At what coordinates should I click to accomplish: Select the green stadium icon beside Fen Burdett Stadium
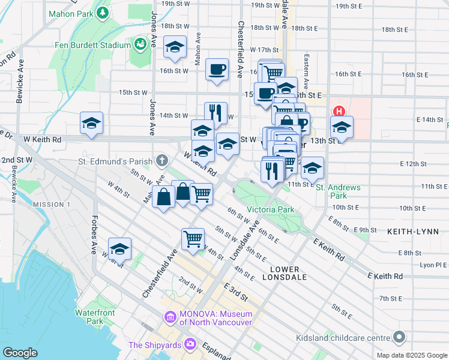coord(140,44)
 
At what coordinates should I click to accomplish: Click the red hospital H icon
coord(339,112)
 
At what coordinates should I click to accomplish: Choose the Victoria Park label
coord(270,210)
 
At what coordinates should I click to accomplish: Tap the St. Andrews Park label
coord(339,191)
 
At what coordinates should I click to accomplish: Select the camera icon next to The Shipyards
coord(190,344)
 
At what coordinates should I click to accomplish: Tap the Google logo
coord(20,353)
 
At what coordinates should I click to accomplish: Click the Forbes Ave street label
coord(94,235)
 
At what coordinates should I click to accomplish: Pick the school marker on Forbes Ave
coord(120,248)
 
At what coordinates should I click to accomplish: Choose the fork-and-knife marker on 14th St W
coord(215,112)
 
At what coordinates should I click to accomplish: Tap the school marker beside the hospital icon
coord(342,127)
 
